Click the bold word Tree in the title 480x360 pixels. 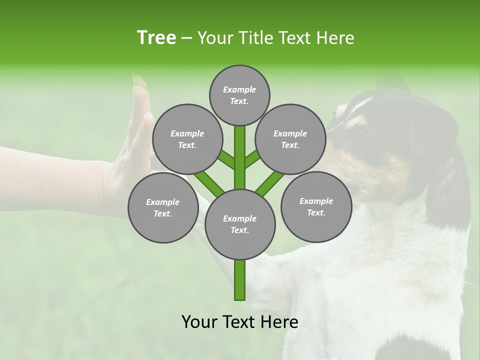click(156, 38)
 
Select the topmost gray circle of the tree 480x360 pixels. click(239, 95)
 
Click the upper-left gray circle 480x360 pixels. click(187, 139)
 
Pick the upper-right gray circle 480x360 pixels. click(290, 139)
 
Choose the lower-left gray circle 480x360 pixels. click(162, 207)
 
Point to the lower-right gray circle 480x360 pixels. click(316, 206)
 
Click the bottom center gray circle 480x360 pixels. click(239, 224)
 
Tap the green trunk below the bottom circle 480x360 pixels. click(239, 280)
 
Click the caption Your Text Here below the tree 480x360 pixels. click(239, 322)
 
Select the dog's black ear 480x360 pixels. click(440, 150)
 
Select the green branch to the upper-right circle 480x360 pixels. click(252, 159)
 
